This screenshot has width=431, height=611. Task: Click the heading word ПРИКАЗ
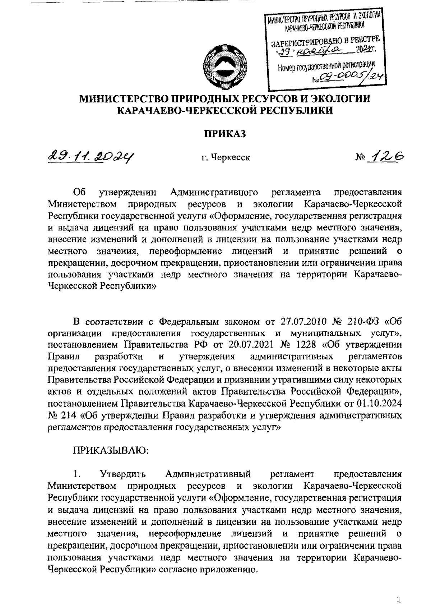(225, 134)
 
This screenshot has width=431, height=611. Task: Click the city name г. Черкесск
(226, 157)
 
